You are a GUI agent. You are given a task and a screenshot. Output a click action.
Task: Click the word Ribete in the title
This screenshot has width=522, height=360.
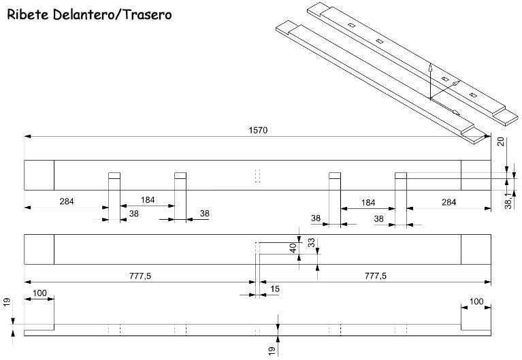coord(28,15)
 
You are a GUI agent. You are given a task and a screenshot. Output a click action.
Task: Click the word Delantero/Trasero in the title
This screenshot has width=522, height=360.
coord(112,15)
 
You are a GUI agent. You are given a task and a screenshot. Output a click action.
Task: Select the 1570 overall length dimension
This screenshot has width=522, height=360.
coord(258,130)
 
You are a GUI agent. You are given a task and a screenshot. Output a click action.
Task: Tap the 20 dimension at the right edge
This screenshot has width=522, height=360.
coord(500,142)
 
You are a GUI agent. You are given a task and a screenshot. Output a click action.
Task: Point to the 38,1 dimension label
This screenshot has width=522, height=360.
coord(508,201)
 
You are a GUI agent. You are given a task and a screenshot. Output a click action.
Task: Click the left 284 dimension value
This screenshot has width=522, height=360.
coord(67,201)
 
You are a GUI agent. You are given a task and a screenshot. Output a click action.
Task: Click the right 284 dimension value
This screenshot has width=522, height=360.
coord(448,202)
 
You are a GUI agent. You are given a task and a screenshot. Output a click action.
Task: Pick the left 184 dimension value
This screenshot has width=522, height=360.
coord(148,200)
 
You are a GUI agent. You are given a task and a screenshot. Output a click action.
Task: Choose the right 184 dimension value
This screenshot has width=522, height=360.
coord(368,203)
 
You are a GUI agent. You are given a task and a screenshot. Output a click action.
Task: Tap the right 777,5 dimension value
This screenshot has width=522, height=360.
coord(376,276)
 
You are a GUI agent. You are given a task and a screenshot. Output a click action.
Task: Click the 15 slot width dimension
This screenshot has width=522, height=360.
coord(275,289)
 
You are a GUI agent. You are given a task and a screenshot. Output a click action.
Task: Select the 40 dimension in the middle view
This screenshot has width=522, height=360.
coord(293,248)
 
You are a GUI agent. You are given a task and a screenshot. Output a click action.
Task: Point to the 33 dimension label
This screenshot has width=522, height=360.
coord(311,242)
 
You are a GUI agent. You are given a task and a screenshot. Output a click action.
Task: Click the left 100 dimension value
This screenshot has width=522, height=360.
coord(39,293)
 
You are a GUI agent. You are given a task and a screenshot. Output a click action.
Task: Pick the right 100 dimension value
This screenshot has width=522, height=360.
coord(476,301)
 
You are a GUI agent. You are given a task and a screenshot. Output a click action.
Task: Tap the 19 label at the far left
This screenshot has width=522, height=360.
coord(7,302)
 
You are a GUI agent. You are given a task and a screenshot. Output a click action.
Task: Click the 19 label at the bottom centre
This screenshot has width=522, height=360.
coord(272,350)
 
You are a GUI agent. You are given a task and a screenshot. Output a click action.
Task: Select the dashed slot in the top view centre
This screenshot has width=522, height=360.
coord(257,176)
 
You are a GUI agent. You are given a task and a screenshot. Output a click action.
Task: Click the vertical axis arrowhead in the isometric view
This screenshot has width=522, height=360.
coord(430,67)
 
